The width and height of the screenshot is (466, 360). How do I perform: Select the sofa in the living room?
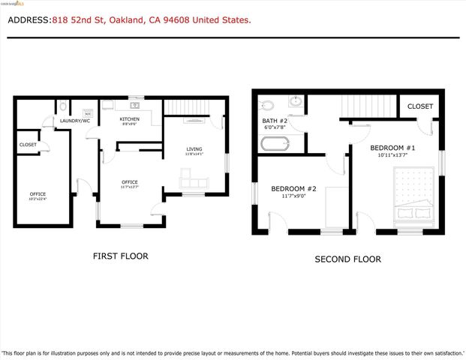point(193,183)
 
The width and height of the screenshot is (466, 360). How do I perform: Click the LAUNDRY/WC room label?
point(75,120)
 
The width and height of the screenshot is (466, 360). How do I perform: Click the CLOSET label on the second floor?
point(420,106)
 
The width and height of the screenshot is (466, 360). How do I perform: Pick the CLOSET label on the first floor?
point(28,145)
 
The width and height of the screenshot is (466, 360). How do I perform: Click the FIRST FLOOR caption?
point(120,256)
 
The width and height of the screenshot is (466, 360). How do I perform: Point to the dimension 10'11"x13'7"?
point(392,155)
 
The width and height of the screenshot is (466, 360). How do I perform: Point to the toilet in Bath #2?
point(266,103)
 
